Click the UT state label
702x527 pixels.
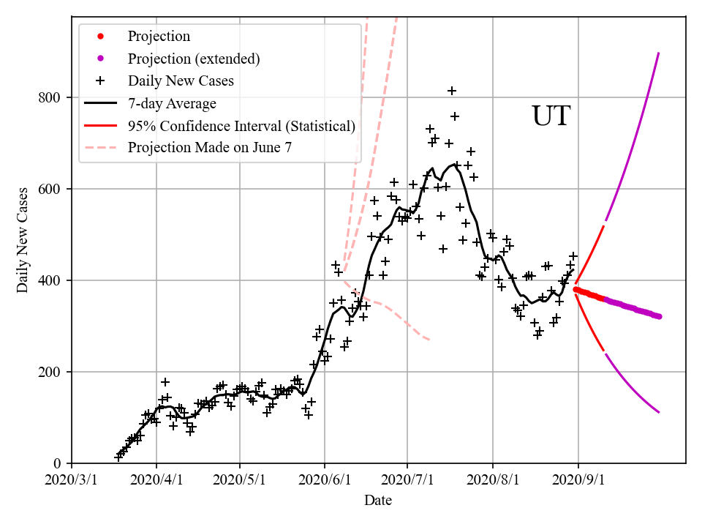point(550,116)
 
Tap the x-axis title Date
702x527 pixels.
point(378,501)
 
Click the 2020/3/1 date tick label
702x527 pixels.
point(72,482)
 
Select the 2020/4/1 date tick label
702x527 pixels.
point(156,482)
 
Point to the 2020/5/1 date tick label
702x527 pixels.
point(240,482)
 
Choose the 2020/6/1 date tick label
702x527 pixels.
point(325,482)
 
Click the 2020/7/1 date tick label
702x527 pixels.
point(408,482)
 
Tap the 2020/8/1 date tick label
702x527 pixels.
point(493,482)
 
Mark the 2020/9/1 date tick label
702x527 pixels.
point(578,482)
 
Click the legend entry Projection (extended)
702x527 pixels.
point(194,59)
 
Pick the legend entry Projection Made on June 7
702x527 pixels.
point(210,148)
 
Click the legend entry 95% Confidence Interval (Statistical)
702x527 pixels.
point(241,126)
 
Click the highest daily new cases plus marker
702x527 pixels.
point(452,91)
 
